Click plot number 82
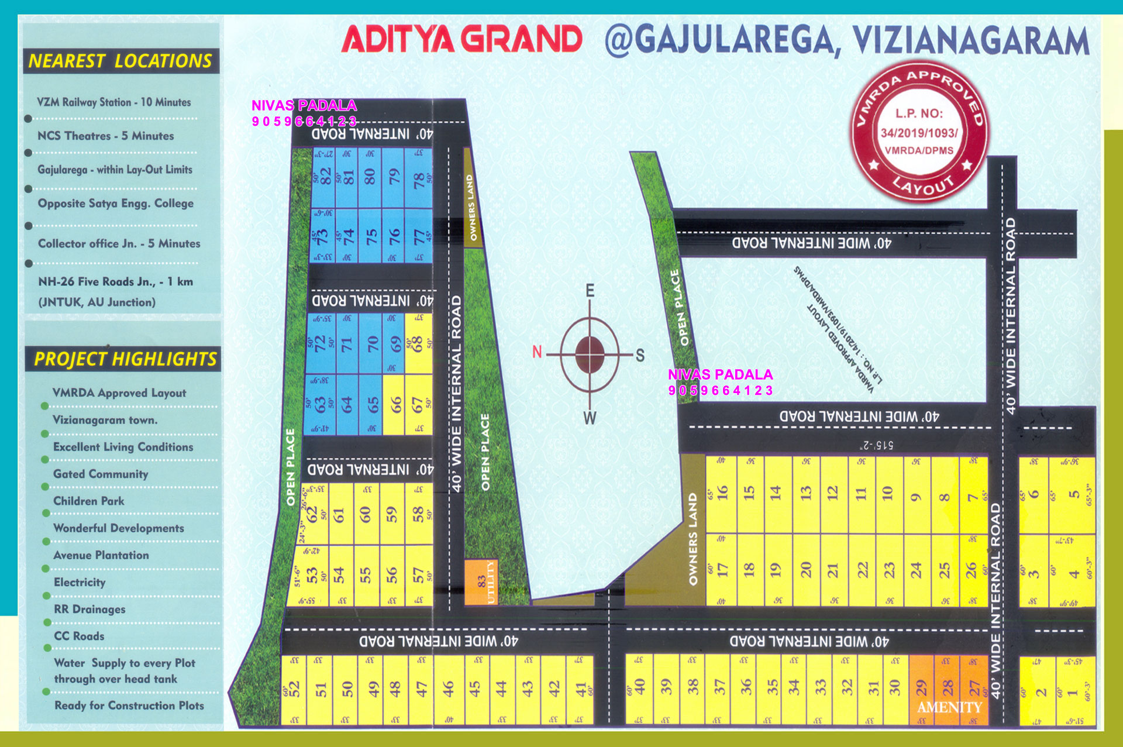click(x=325, y=177)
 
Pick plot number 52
click(x=294, y=689)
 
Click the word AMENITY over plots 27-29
click(x=949, y=707)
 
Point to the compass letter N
click(x=537, y=352)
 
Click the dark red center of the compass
click(x=590, y=354)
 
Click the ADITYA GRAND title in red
click(x=461, y=40)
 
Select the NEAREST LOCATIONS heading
click(x=120, y=61)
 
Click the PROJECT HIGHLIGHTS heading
click(x=125, y=359)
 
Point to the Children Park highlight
click(x=89, y=501)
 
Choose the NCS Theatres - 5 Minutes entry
click(x=105, y=136)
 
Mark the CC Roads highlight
click(x=79, y=636)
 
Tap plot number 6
click(x=1034, y=494)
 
